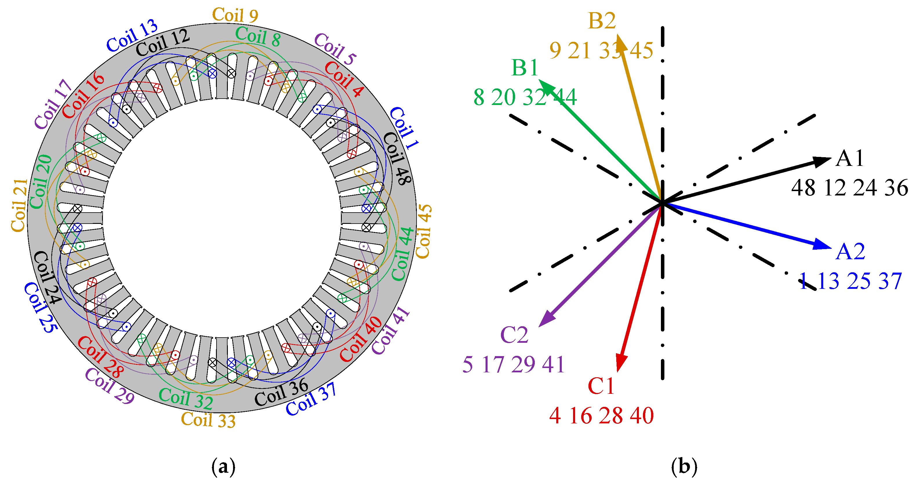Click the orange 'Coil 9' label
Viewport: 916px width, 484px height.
click(235, 15)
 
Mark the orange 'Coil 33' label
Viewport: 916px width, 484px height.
click(208, 420)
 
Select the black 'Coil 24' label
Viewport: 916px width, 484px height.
click(47, 278)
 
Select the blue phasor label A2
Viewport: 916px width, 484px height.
click(850, 252)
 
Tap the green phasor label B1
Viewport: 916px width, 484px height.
click(524, 68)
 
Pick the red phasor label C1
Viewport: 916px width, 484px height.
click(601, 386)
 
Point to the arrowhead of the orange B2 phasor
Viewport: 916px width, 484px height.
click(621, 43)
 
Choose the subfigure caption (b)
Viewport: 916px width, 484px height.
click(684, 466)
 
